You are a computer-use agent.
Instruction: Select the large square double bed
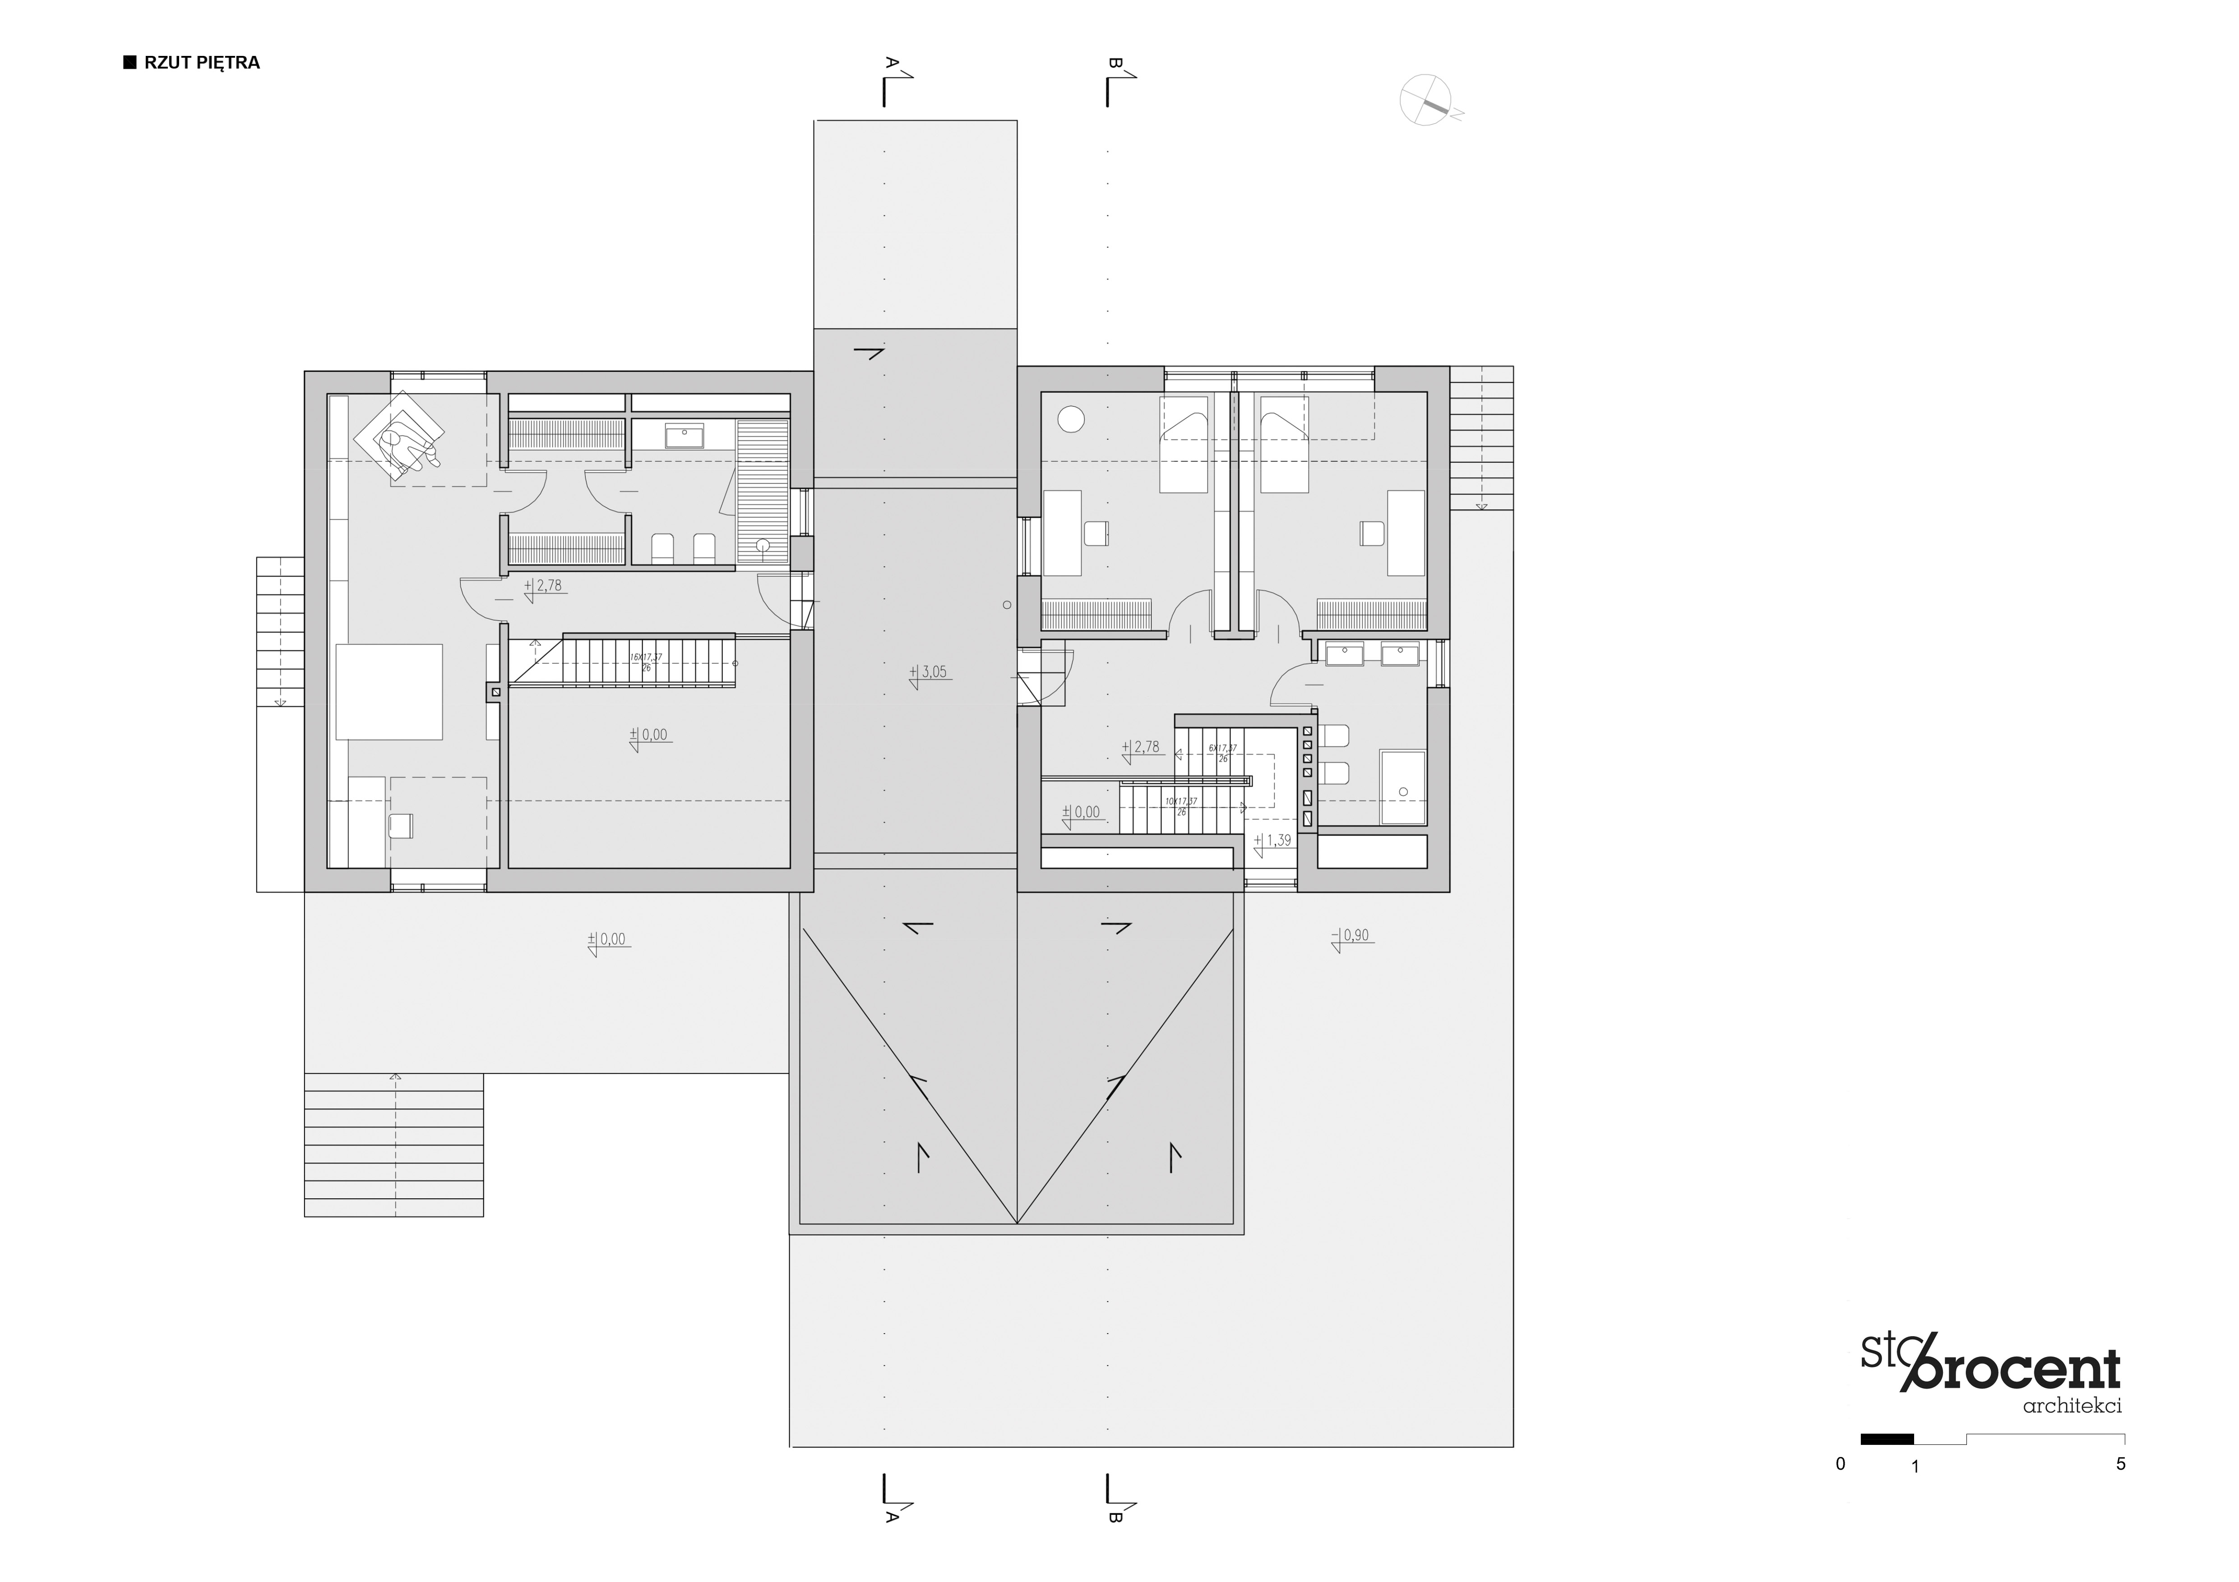pos(389,691)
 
